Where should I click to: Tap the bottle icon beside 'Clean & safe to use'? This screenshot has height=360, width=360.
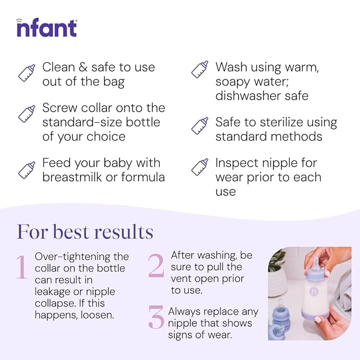[x=27, y=73]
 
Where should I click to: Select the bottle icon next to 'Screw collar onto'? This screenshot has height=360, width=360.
[x=27, y=114]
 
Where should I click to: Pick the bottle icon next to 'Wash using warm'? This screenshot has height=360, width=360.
[x=199, y=69]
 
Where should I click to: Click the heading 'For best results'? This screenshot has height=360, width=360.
[x=85, y=232]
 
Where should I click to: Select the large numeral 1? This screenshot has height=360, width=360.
[x=21, y=267]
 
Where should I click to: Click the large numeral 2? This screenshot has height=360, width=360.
[x=156, y=266]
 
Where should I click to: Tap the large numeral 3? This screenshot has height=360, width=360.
[x=156, y=317]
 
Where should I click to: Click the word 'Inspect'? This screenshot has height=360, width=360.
[x=236, y=163]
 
